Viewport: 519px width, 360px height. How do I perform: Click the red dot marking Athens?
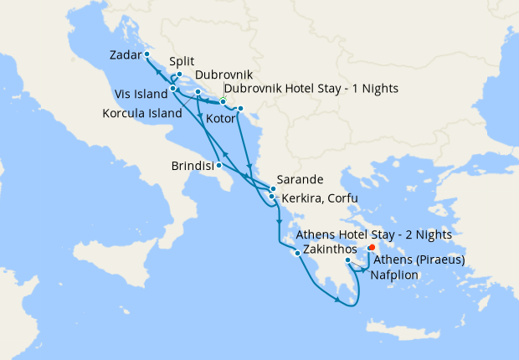point(372,247)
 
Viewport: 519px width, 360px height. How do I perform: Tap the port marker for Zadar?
point(146,54)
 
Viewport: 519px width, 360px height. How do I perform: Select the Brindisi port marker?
point(219,165)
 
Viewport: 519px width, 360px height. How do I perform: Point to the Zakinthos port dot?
point(297,253)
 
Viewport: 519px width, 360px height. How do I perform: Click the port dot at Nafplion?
point(348,261)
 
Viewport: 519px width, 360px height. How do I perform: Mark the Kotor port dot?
point(240,109)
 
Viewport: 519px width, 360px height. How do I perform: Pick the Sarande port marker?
point(273,189)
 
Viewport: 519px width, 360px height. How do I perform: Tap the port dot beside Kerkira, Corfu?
point(271,197)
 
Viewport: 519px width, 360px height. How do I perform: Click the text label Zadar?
point(126,55)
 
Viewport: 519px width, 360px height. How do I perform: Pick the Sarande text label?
point(301,179)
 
